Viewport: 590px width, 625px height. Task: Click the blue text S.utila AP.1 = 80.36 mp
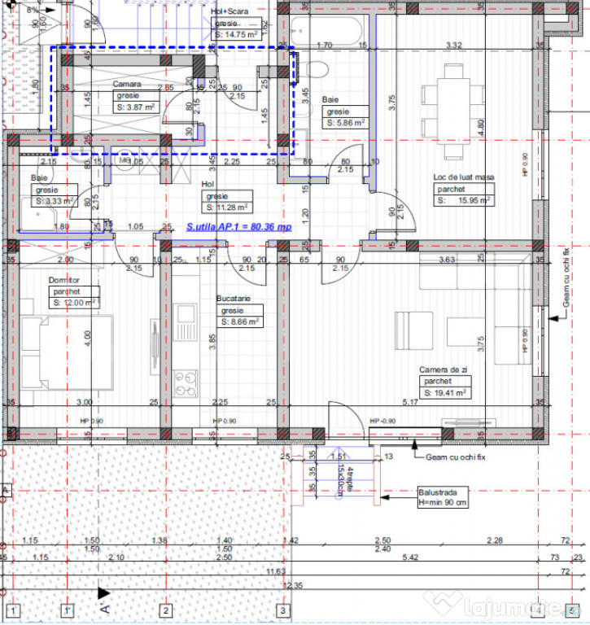click(238, 229)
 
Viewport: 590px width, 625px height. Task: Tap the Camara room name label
click(127, 84)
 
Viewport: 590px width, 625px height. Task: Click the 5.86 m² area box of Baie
click(346, 123)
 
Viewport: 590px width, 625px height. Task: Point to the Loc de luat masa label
click(464, 177)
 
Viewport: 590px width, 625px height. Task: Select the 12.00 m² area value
click(74, 301)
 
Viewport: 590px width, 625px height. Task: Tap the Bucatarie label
click(234, 299)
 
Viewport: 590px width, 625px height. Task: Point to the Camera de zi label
click(442, 369)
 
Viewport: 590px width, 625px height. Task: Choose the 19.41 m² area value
click(445, 392)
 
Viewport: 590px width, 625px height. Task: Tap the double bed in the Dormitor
click(65, 352)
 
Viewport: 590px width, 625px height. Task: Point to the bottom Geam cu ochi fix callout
click(455, 457)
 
